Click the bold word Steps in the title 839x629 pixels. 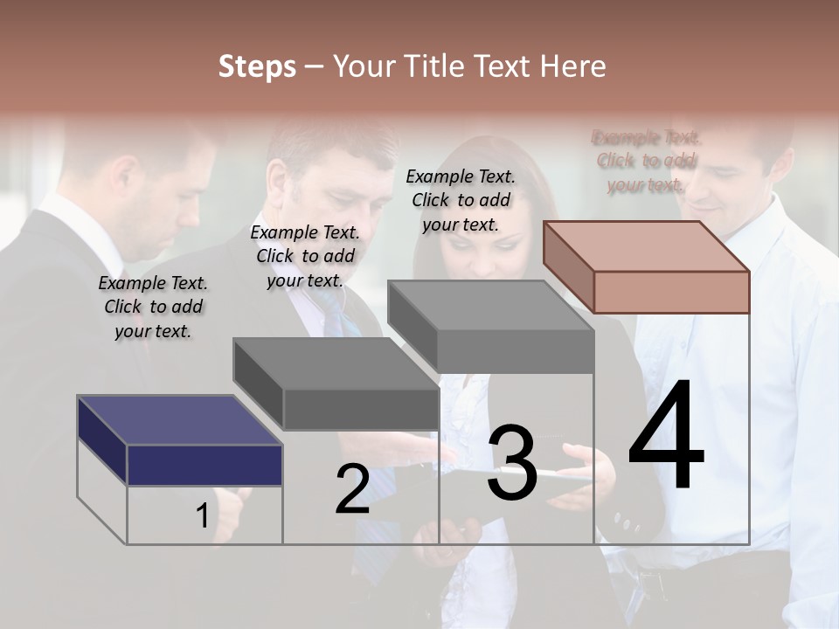(x=257, y=66)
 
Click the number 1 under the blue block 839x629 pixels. (x=202, y=516)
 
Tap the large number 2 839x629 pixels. (x=352, y=488)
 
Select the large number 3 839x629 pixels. (x=512, y=463)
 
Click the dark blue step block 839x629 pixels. (x=179, y=441)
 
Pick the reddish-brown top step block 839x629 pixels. (x=647, y=267)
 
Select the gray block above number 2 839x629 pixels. (x=336, y=384)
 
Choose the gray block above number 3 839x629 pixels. (x=490, y=328)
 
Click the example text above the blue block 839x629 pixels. (x=153, y=307)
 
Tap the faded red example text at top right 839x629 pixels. (x=647, y=161)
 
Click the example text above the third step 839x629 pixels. (x=461, y=200)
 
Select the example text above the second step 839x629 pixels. (x=305, y=256)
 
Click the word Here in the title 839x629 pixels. (x=573, y=66)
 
